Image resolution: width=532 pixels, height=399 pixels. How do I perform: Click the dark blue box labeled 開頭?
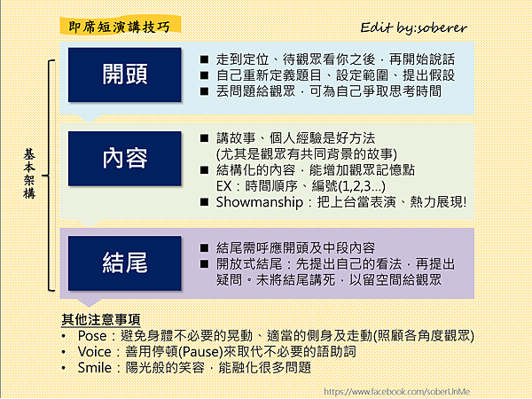click(124, 74)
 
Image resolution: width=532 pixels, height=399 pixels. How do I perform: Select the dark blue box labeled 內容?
click(124, 159)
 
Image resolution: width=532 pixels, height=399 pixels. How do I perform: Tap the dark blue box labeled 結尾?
click(124, 263)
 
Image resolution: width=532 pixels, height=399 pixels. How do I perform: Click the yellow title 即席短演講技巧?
click(120, 26)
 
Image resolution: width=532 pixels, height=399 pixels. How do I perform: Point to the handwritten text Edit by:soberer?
click(413, 27)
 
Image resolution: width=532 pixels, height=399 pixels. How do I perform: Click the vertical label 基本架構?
click(29, 174)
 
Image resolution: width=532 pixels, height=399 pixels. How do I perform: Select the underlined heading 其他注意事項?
click(101, 319)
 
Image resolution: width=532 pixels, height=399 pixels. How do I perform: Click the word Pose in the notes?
click(92, 336)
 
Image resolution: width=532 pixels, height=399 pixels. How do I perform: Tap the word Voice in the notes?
click(94, 352)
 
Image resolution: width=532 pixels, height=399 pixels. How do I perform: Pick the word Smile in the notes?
click(95, 368)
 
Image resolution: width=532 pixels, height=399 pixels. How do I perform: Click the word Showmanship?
click(260, 202)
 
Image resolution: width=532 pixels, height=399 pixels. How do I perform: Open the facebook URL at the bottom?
click(396, 392)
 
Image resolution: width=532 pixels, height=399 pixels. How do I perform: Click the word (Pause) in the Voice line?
click(200, 352)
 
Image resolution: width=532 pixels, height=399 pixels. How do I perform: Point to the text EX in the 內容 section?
click(224, 186)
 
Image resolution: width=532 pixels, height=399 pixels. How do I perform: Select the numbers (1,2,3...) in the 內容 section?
click(362, 186)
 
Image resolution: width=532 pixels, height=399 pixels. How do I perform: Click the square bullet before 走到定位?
click(204, 59)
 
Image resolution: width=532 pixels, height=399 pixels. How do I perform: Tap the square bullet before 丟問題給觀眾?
click(204, 91)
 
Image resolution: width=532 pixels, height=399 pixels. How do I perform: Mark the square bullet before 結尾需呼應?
click(204, 248)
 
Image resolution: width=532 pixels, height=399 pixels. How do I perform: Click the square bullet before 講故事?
click(204, 138)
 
